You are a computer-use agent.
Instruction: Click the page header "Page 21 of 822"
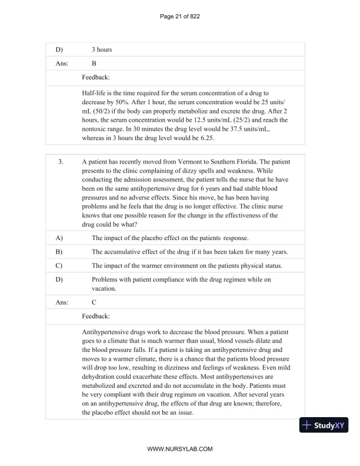coord(180,16)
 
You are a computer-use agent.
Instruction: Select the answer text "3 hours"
coord(102,49)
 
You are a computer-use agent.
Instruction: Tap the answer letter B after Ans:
coord(95,63)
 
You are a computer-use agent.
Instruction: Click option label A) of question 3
coord(59,238)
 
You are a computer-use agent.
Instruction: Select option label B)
coord(59,252)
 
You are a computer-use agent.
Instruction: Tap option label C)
coord(59,266)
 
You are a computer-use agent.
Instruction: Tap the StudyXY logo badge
coord(324,425)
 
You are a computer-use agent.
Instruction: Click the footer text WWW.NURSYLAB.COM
coord(180,449)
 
